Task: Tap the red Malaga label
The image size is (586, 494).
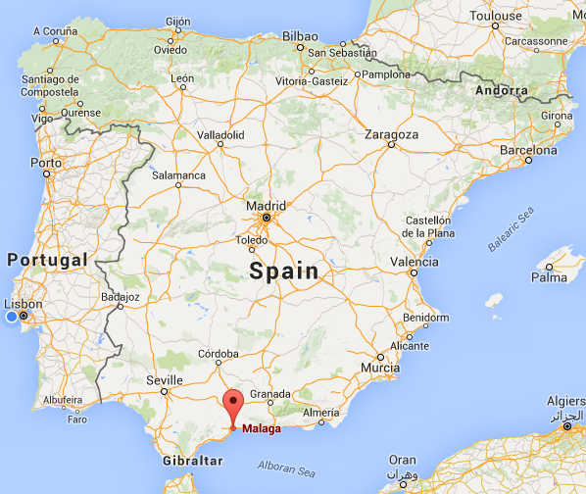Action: (x=261, y=429)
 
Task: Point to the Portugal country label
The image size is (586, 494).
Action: (x=47, y=261)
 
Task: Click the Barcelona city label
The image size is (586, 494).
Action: (x=528, y=151)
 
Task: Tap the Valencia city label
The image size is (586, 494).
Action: (x=415, y=262)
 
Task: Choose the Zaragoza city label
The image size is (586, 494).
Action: (x=392, y=134)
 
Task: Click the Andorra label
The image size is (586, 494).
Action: (x=501, y=91)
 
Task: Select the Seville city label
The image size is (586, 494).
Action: (x=163, y=380)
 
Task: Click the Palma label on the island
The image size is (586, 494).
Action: (x=549, y=277)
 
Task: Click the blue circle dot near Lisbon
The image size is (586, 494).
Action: (x=12, y=317)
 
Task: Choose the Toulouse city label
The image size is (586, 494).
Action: (x=522, y=17)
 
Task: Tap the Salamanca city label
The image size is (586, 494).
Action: (x=179, y=175)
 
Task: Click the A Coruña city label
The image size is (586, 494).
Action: (x=55, y=30)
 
